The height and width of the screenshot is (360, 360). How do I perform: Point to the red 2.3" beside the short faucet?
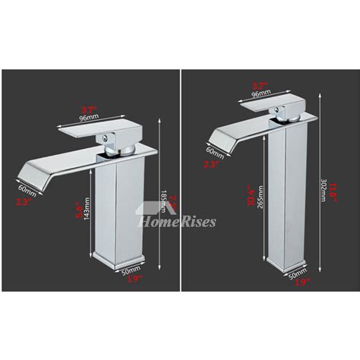24,201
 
